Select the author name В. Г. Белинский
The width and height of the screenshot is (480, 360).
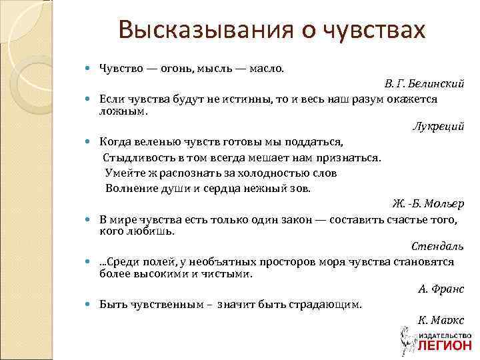click(x=424, y=83)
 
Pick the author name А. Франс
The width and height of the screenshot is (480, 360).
click(x=441, y=289)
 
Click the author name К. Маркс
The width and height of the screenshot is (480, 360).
click(x=441, y=321)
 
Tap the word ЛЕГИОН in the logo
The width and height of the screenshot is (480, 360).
click(x=446, y=346)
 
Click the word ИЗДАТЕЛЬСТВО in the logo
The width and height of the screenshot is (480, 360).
click(x=446, y=335)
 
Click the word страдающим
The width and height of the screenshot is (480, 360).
click(x=325, y=304)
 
